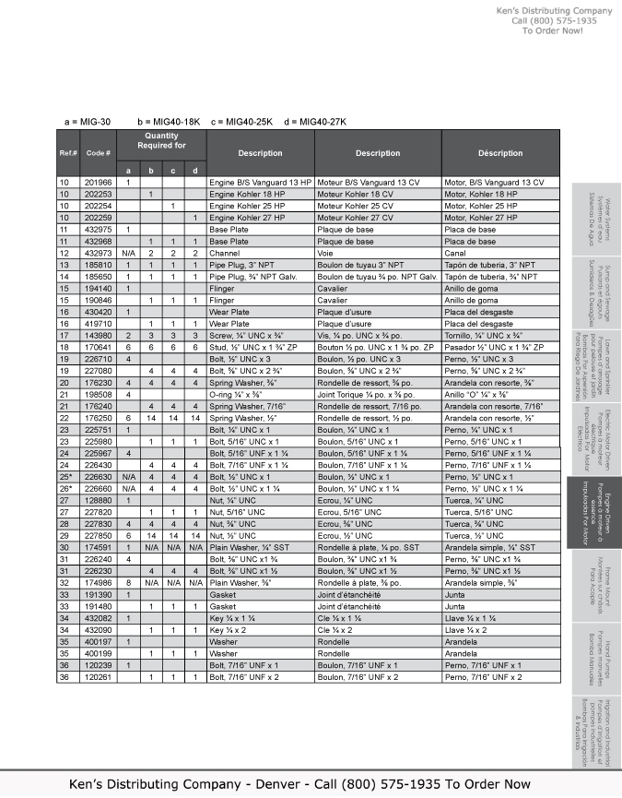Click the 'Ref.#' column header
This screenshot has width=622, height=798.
[x=68, y=152]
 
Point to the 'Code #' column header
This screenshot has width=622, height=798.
[x=99, y=152]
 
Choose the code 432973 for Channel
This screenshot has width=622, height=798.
[x=99, y=252]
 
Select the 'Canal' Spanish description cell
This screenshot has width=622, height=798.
[x=455, y=252]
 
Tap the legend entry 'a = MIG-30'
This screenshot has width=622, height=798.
[x=88, y=122]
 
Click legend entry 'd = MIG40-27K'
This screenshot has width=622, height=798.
[x=316, y=122]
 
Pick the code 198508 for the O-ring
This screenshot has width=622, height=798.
[x=99, y=394]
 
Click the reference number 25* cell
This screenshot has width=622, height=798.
[x=65, y=477]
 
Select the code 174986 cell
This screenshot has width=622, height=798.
[x=99, y=583]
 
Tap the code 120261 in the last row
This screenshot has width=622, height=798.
[x=99, y=678]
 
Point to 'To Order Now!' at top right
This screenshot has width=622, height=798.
[x=553, y=30]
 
